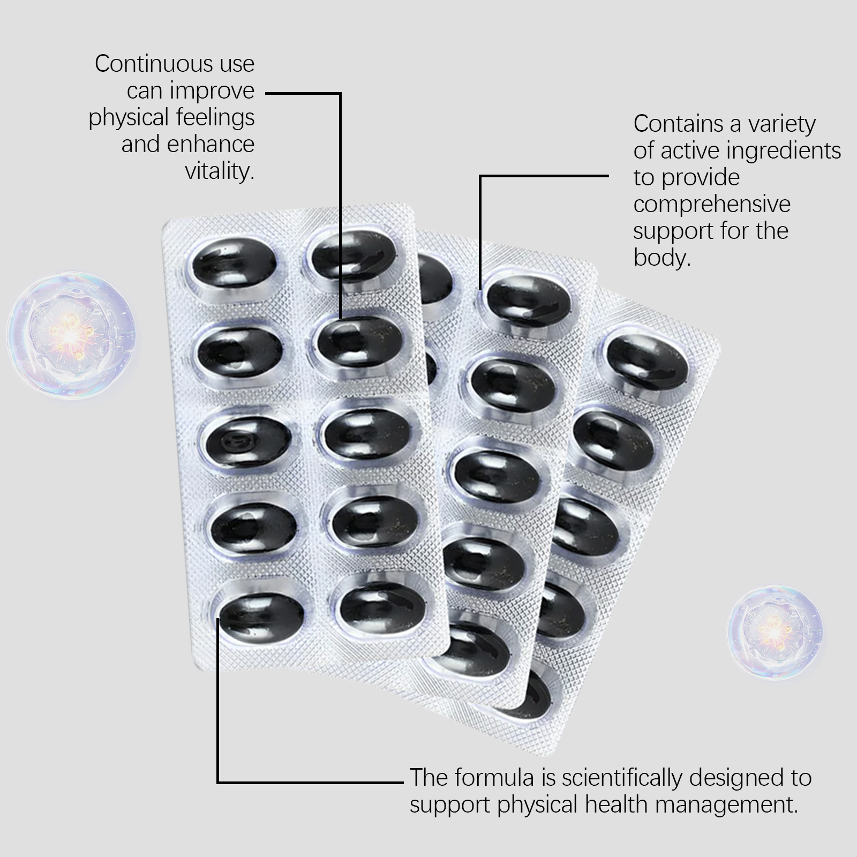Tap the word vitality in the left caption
tap(219, 171)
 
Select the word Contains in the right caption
tap(679, 124)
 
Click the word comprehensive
tap(712, 204)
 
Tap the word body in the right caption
tap(662, 258)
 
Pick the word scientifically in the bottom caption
tap(622, 778)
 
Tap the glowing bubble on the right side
tap(775, 632)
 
